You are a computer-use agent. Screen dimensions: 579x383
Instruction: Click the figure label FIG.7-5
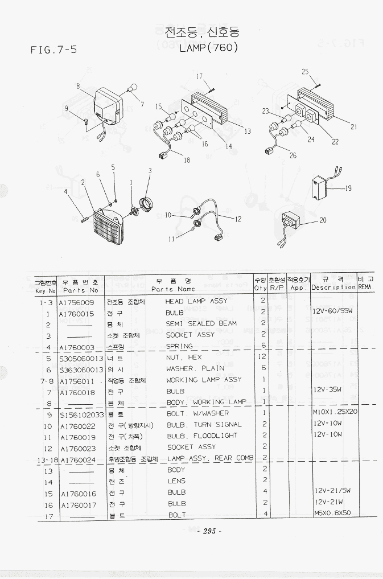coord(53,50)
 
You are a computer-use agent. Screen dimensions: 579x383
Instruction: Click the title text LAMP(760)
coord(208,48)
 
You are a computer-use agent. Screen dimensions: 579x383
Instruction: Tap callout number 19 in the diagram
coord(348,188)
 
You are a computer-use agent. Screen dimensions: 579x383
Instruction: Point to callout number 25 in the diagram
coord(305,72)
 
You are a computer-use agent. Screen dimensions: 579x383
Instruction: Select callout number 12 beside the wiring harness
coord(238,219)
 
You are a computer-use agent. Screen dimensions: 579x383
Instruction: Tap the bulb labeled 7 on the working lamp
coord(131,89)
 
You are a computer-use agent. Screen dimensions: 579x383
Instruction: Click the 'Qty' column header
coord(261,288)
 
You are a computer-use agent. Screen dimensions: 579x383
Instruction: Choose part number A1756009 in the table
coord(77,302)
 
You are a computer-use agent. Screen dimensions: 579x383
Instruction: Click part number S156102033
coord(81,414)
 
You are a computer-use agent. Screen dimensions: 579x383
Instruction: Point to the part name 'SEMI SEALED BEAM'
coord(201,323)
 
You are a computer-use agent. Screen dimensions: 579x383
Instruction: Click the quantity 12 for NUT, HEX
coord(263,357)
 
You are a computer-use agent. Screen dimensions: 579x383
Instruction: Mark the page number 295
coord(208,531)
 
